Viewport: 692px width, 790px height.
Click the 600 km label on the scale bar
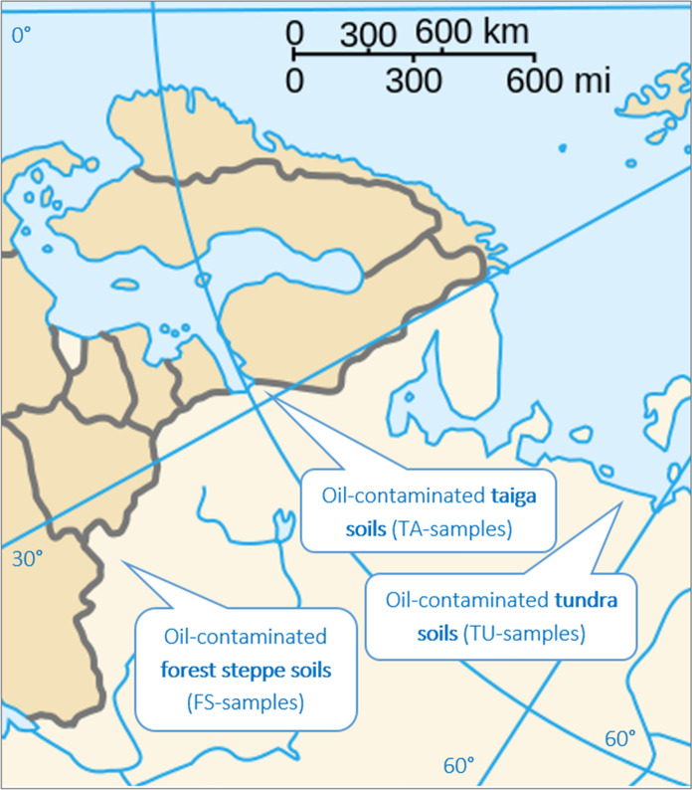(458, 32)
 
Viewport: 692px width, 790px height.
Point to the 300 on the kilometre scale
(367, 35)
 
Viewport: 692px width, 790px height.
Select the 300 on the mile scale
(415, 78)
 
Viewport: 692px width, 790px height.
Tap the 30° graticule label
(28, 558)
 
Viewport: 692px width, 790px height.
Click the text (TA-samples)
(443, 528)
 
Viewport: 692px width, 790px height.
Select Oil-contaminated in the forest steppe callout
(246, 636)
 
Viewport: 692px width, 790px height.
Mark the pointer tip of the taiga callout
(269, 398)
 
